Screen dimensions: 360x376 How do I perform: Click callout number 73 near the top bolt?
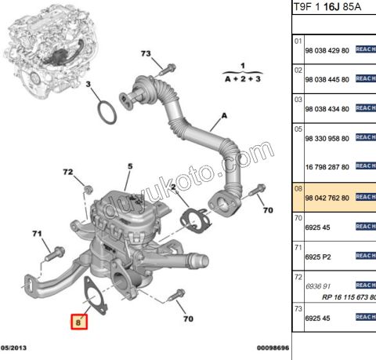coord(145,53)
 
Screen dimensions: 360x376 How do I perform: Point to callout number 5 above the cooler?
coord(130,165)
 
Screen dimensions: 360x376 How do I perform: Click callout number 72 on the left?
coord(68,172)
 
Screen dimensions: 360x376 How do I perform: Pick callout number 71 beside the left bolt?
coord(37,234)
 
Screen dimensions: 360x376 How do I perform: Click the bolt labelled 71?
coord(56,253)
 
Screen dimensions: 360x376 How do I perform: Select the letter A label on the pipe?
coord(224,115)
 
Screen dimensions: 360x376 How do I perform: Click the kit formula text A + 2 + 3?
coord(243,79)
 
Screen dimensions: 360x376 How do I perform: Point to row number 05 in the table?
coord(298,128)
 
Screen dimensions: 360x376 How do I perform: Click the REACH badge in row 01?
coord(366,49)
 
